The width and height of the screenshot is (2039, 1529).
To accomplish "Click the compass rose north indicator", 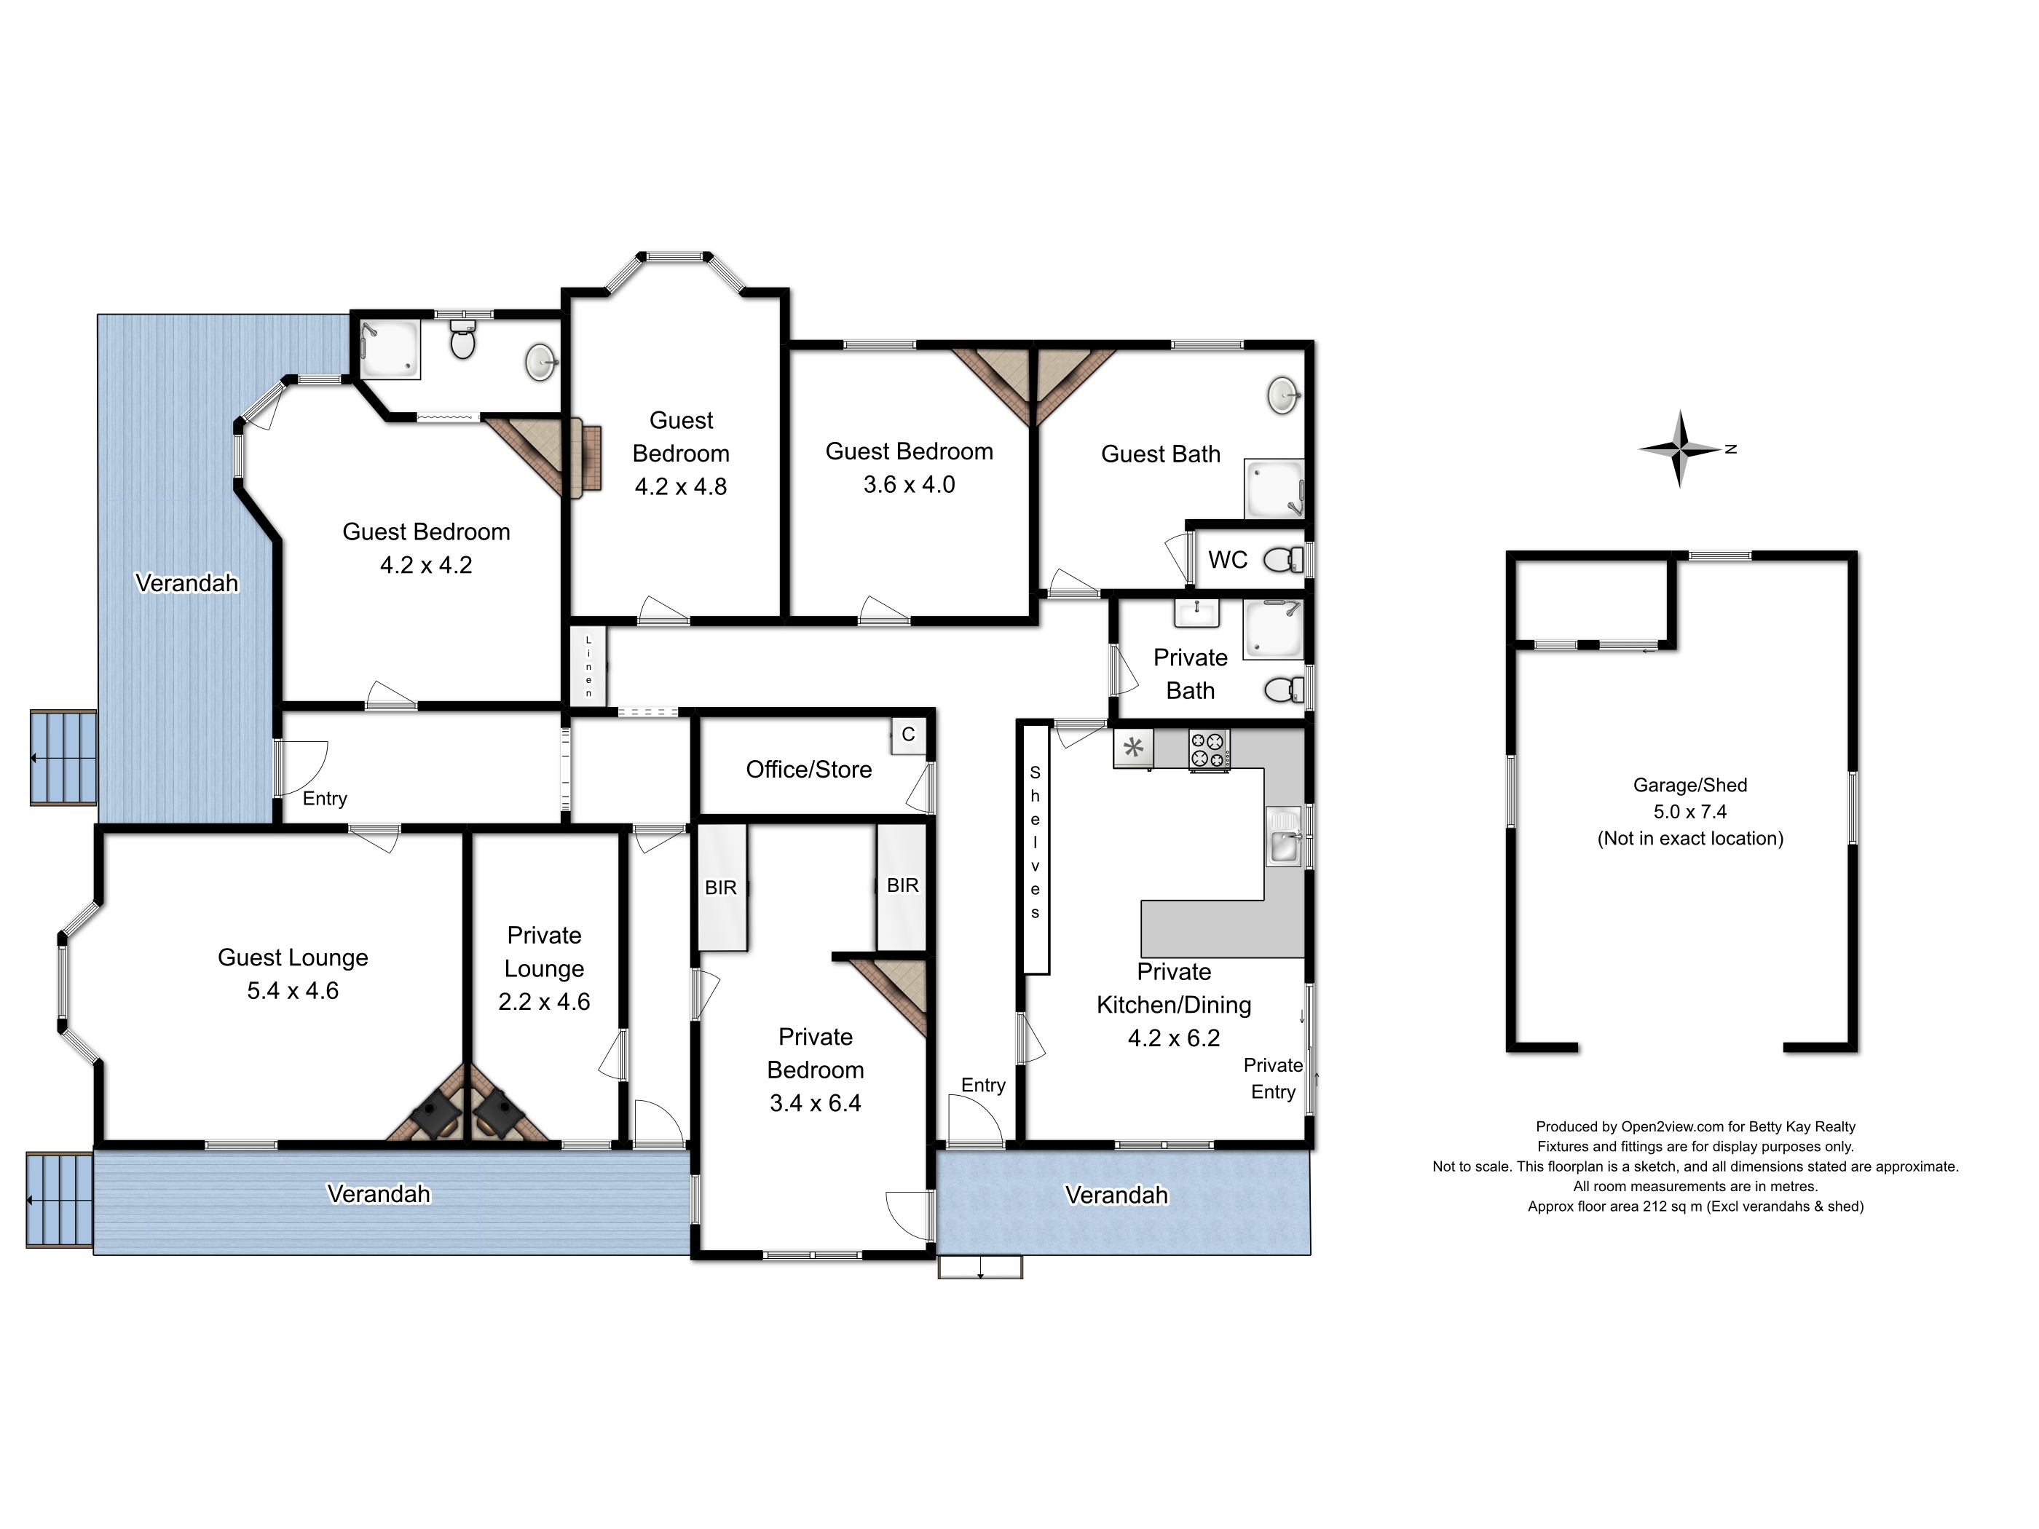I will (1730, 449).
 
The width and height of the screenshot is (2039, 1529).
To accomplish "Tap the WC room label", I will (1227, 559).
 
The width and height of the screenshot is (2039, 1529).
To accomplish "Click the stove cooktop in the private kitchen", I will (1208, 749).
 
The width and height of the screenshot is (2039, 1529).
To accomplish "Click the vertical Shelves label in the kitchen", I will (1036, 842).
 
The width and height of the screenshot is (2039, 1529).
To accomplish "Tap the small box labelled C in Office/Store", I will (908, 735).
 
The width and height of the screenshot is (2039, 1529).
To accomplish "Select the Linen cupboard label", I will (588, 666).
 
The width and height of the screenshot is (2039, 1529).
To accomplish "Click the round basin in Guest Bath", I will (1283, 395).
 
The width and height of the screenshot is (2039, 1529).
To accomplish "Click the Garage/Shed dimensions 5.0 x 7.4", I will (1689, 812).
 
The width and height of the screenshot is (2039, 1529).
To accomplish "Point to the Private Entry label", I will (1272, 1078).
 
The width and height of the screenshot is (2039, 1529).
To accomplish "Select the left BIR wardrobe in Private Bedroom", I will (721, 887).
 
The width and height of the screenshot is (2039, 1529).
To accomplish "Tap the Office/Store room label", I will (808, 770).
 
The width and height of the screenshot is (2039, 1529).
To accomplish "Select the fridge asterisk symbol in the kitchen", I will (1134, 748).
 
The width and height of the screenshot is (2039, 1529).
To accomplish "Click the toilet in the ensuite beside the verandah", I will (462, 343).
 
